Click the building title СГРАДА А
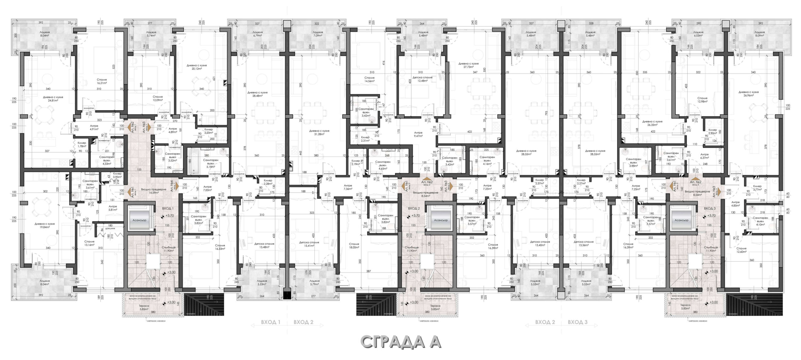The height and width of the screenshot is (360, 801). coord(401,342)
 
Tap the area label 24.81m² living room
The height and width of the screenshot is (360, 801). coord(53,99)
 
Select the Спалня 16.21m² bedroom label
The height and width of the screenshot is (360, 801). coord(102,82)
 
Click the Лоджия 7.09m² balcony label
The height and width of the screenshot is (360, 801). coord(318,34)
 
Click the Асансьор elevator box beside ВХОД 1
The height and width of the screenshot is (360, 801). coord(140,220)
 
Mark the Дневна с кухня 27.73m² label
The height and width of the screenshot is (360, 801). coord(468,65)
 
